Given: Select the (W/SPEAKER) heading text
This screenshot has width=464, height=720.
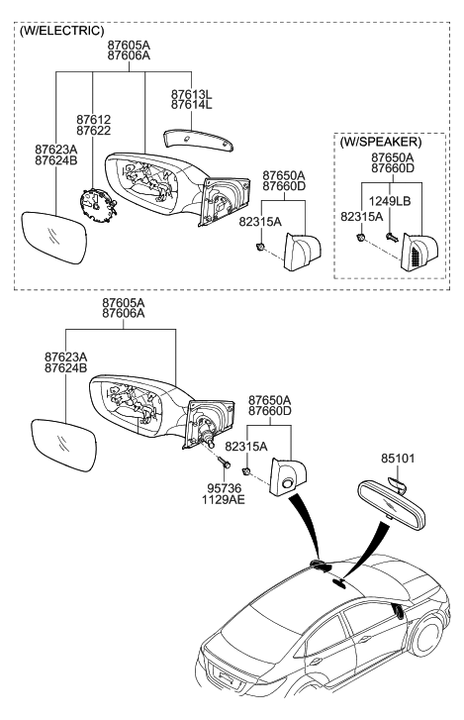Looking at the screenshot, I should pyautogui.click(x=381, y=142).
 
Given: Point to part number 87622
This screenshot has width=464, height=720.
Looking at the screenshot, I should pyautogui.click(x=94, y=131).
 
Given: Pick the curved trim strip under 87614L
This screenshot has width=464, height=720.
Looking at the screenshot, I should pyautogui.click(x=196, y=136).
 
